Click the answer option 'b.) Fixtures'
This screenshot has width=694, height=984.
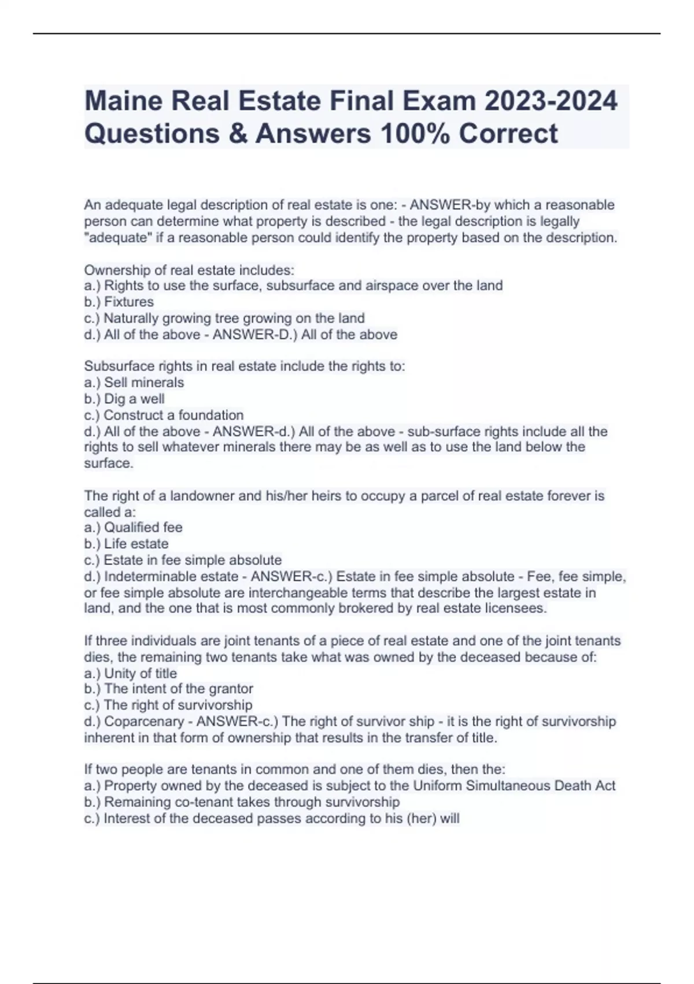click(x=119, y=302)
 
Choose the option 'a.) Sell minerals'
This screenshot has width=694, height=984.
click(x=134, y=383)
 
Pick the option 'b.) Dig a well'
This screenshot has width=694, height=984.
click(x=124, y=399)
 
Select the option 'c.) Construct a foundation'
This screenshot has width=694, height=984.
click(x=164, y=415)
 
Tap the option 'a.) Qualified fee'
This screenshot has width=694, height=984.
click(x=133, y=527)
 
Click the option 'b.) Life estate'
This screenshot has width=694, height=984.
click(x=126, y=544)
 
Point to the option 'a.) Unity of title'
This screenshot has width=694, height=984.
click(x=131, y=673)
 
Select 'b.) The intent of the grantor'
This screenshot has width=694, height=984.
click(x=169, y=689)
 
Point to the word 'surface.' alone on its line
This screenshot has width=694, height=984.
click(x=109, y=463)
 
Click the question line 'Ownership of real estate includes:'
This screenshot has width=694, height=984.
click(x=189, y=270)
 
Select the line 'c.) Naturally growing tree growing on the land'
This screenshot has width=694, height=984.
click(x=224, y=318)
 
